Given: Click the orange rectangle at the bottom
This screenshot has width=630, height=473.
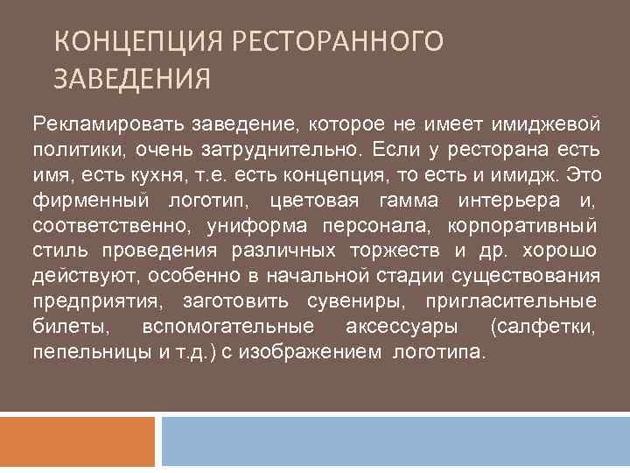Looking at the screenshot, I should [78, 441].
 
